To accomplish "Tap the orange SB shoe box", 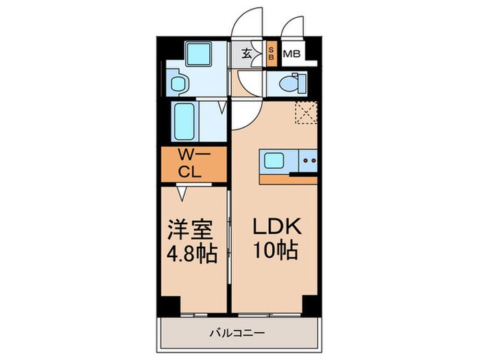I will [x=271, y=53].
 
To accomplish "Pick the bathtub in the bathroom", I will [x=187, y=122].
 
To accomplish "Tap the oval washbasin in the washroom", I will [x=180, y=84].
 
